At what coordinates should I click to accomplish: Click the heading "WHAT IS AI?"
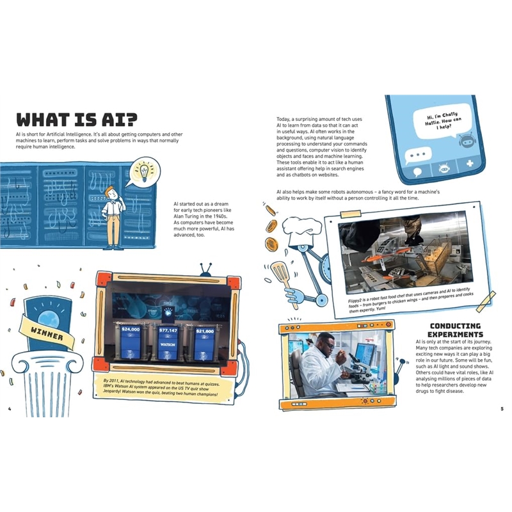pyautogui.click(x=77, y=120)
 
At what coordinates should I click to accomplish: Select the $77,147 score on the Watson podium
pyautogui.click(x=168, y=330)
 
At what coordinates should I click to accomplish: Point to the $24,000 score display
pyautogui.click(x=131, y=329)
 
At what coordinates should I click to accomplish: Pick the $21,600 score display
pyautogui.click(x=205, y=331)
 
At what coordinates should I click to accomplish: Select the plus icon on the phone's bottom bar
pyautogui.click(x=470, y=163)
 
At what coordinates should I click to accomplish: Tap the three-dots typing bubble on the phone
pyautogui.click(x=418, y=155)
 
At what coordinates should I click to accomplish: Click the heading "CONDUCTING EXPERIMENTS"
pyautogui.click(x=455, y=330)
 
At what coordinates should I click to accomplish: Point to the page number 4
pyautogui.click(x=10, y=409)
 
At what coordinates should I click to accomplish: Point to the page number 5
pyautogui.click(x=502, y=409)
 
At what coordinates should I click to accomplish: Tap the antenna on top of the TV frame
pyautogui.click(x=206, y=269)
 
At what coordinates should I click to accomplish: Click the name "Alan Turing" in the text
pyautogui.click(x=186, y=216)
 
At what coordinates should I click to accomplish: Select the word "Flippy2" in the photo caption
pyautogui.click(x=356, y=301)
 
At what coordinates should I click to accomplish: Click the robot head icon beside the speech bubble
pyautogui.click(x=466, y=141)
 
